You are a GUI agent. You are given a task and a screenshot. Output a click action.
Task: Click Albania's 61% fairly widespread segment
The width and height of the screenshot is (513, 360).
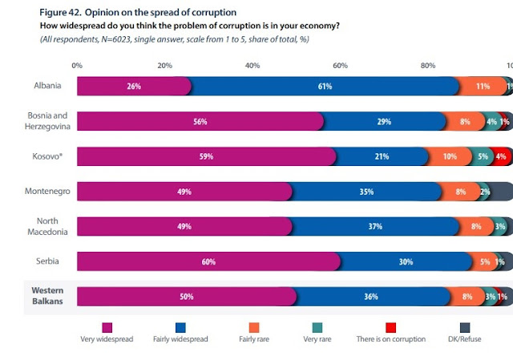click(x=325, y=87)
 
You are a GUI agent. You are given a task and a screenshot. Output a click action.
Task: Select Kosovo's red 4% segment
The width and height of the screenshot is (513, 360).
click(x=501, y=157)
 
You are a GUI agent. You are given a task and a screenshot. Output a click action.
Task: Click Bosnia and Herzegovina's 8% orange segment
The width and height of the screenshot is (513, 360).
click(x=465, y=122)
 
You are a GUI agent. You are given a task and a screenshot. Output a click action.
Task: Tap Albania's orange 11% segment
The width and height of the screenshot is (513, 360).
click(x=483, y=87)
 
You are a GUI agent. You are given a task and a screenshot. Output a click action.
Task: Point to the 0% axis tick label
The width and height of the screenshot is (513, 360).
click(x=77, y=65)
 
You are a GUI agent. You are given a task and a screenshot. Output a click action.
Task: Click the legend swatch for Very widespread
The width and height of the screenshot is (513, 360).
click(x=105, y=328)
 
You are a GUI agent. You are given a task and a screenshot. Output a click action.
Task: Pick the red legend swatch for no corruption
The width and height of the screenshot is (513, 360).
click(x=391, y=328)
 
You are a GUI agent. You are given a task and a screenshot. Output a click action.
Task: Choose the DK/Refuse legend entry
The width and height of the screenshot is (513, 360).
click(x=483, y=339)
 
